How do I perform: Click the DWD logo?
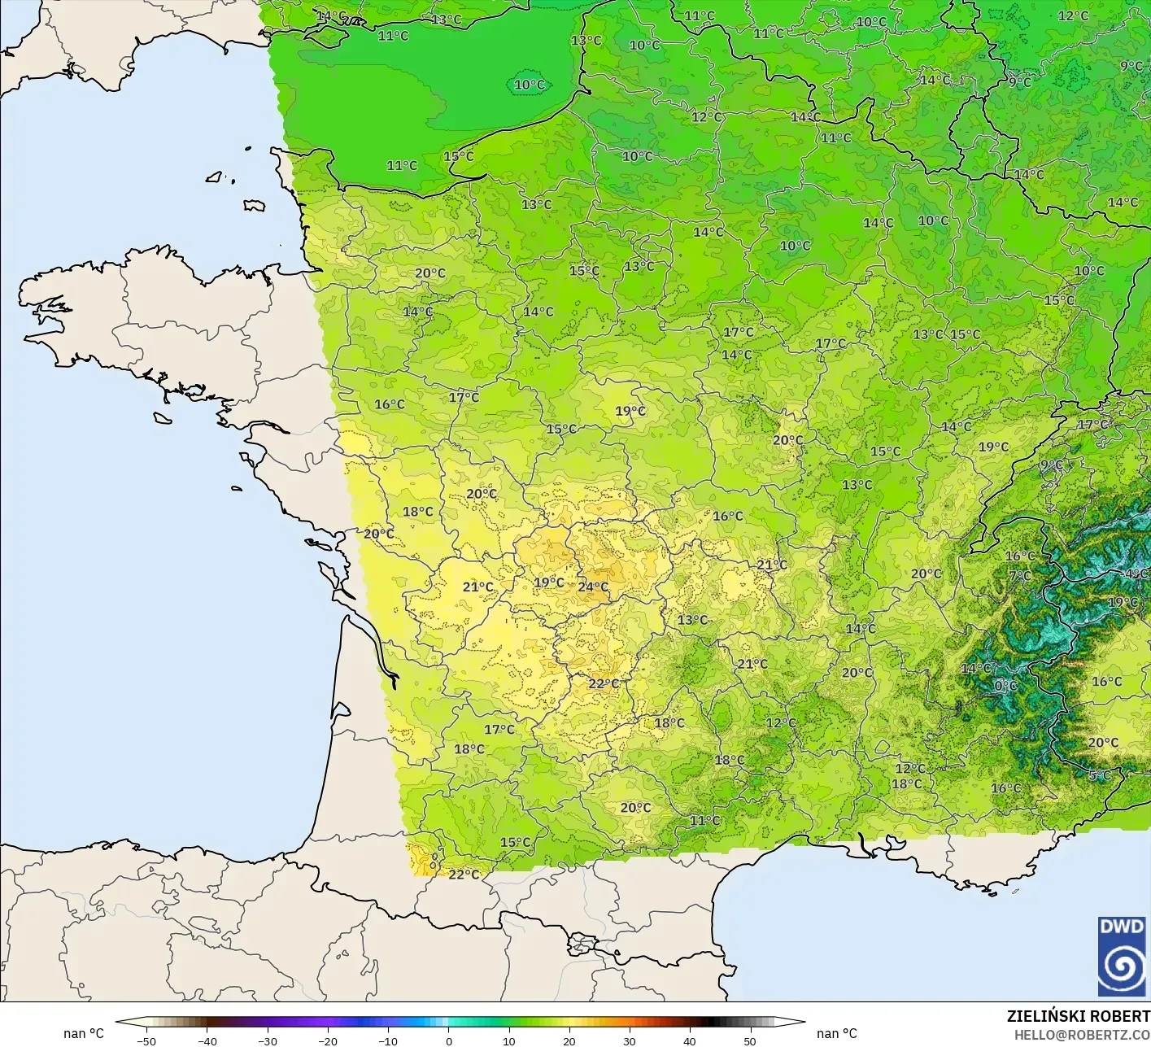(x=1122, y=956)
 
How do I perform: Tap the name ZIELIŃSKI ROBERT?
(x=1078, y=1016)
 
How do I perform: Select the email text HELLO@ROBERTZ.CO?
(x=1082, y=1035)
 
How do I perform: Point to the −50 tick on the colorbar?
(x=146, y=1040)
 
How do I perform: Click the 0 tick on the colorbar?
(x=448, y=1040)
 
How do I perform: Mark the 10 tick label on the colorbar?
(x=508, y=1040)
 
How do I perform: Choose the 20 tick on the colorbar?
(x=569, y=1040)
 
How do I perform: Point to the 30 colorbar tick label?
(x=629, y=1040)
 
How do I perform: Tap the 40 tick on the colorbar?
(x=689, y=1040)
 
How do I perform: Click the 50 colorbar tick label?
(x=749, y=1040)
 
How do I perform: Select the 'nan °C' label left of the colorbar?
(x=84, y=1033)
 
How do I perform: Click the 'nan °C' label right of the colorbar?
(x=837, y=1033)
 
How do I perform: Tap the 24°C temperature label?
(x=593, y=587)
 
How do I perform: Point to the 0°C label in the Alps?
(x=1006, y=686)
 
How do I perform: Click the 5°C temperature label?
(x=1100, y=775)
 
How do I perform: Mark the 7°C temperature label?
(x=1020, y=576)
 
